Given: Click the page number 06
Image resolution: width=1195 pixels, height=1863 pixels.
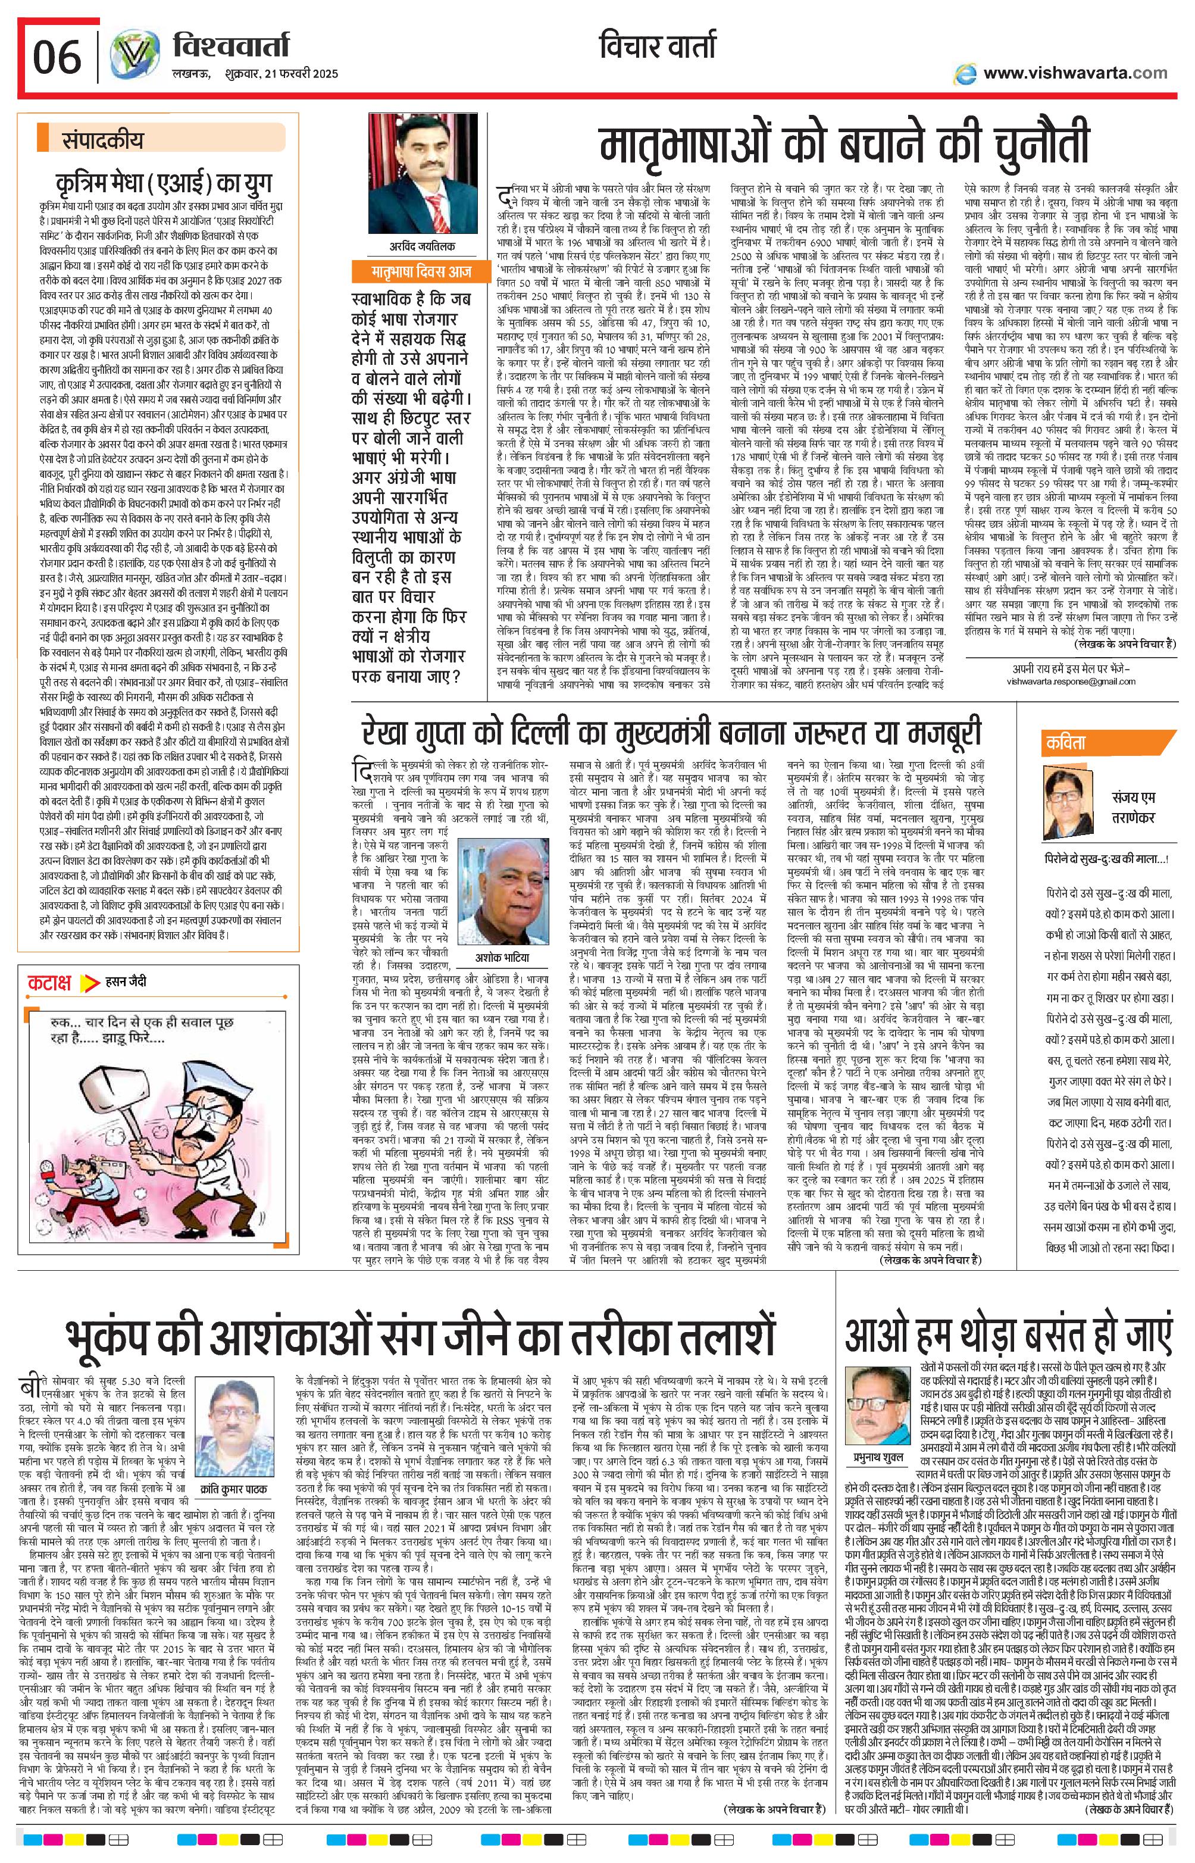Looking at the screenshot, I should (x=57, y=57).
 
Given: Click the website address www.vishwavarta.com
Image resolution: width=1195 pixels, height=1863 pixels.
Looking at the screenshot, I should (x=1075, y=73).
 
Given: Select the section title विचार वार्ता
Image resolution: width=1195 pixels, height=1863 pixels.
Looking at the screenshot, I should (x=657, y=48).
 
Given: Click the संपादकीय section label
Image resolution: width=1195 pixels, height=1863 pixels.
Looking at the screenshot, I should (x=102, y=141).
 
